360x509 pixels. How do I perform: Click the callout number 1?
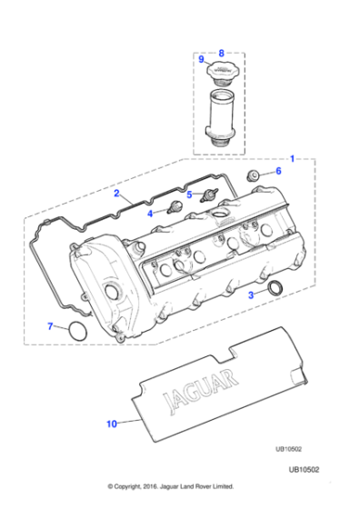[x=291, y=157]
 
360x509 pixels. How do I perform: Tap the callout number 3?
[x=252, y=295]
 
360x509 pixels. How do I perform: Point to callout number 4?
[x=150, y=213]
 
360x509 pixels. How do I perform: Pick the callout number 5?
[x=189, y=194]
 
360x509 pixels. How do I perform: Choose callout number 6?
[x=278, y=171]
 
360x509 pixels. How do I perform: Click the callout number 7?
[x=50, y=326]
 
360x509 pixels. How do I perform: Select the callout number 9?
[x=201, y=59]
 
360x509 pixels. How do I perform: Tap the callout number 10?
[x=112, y=424]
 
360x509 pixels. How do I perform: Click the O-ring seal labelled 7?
[x=79, y=334]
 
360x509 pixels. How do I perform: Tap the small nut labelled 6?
[x=255, y=175]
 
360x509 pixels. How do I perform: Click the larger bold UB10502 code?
[x=305, y=492]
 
